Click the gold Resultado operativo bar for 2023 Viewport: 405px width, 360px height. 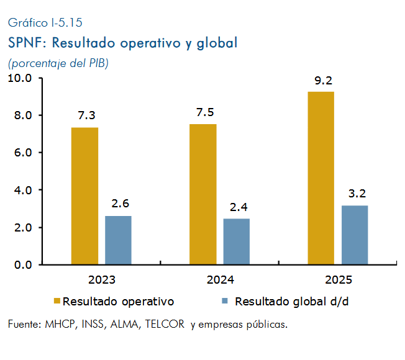click(x=84, y=196)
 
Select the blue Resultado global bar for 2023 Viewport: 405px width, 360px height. click(x=118, y=240)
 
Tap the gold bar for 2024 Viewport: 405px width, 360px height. click(x=203, y=194)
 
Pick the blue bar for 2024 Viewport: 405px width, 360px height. click(x=237, y=241)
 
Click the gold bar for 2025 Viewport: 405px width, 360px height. click(x=321, y=178)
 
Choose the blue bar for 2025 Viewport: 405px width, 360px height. click(x=355, y=235)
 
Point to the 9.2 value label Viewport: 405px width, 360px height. click(x=324, y=81)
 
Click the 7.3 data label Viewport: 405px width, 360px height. click(x=87, y=115)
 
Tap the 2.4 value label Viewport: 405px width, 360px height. click(x=239, y=207)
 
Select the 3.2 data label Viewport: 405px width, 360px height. click(x=357, y=194)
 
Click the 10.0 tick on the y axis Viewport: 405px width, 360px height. click(x=20, y=78)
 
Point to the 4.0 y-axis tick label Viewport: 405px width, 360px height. click(x=23, y=191)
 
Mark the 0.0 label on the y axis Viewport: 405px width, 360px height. click(x=23, y=265)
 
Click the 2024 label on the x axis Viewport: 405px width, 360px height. click(x=221, y=280)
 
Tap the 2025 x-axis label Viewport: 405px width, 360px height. click(x=339, y=280)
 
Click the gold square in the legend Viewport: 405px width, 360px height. click(x=57, y=301)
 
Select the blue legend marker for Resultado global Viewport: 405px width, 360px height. click(x=225, y=301)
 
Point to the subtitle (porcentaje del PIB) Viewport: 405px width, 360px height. click(x=58, y=63)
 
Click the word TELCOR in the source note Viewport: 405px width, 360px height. click(x=165, y=324)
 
